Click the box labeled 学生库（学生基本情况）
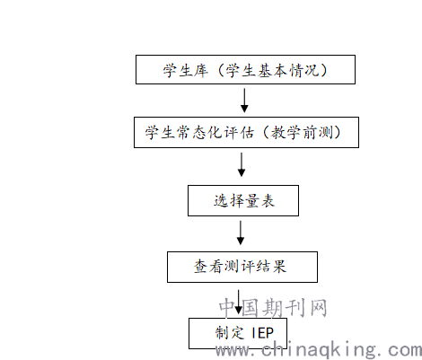[x=245, y=69]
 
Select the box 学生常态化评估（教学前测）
[x=246, y=132]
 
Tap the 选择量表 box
[x=243, y=200]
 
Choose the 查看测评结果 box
[x=242, y=267]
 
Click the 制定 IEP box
[x=238, y=333]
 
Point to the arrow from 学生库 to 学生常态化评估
[x=244, y=101]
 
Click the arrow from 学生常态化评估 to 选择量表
[x=242, y=164]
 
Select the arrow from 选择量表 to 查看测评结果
[x=241, y=233]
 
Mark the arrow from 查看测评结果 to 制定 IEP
[x=238, y=302]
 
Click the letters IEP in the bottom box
[x=262, y=333]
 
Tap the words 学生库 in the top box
[x=186, y=71]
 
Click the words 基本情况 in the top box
[x=289, y=71]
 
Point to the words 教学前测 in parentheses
[x=302, y=132]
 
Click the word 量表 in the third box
[x=259, y=200]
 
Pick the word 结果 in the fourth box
[x=271, y=267]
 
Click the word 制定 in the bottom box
[x=230, y=333]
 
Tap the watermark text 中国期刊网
[x=273, y=307]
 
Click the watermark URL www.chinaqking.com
[x=319, y=350]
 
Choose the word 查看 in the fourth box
[x=208, y=267]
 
